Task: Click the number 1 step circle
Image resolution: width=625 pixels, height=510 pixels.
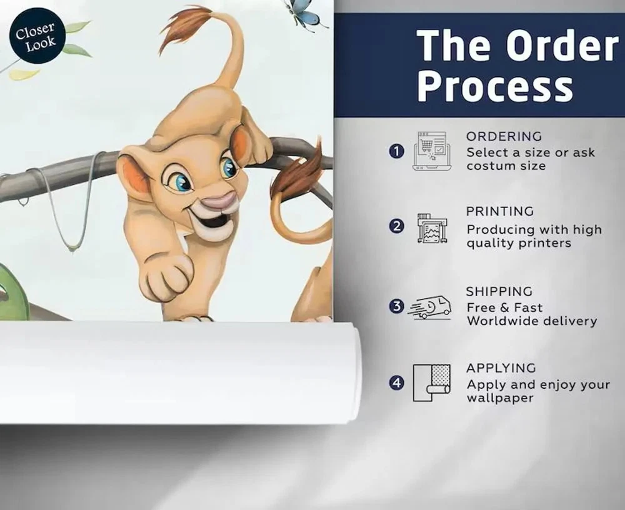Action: click(397, 151)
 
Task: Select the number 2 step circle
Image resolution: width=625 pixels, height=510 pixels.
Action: click(397, 226)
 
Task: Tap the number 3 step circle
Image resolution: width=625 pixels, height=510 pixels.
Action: click(397, 307)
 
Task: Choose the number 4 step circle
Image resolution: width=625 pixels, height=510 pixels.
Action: click(397, 383)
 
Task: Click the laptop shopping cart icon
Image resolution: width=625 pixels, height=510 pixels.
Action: click(432, 151)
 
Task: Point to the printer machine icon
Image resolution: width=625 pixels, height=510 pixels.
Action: click(432, 228)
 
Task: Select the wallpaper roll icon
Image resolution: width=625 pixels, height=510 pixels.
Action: click(432, 382)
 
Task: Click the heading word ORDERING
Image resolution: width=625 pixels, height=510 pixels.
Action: click(504, 136)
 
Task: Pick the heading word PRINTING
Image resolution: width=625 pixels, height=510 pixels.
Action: click(500, 211)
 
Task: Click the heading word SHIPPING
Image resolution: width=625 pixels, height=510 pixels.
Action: click(499, 291)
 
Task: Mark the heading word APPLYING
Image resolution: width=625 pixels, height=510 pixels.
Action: click(501, 368)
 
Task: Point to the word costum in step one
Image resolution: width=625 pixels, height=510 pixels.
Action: click(487, 166)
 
